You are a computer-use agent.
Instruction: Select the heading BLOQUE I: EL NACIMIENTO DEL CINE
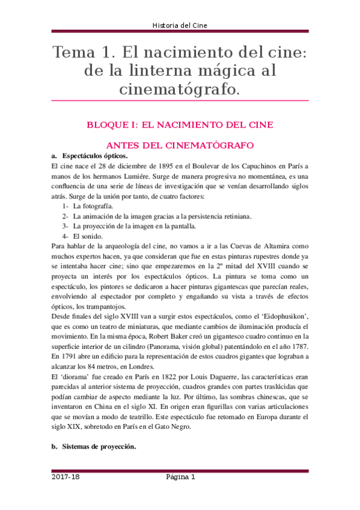click(180, 125)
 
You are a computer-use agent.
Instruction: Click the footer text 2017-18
click(65, 478)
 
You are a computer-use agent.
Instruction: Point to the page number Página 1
click(180, 478)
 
